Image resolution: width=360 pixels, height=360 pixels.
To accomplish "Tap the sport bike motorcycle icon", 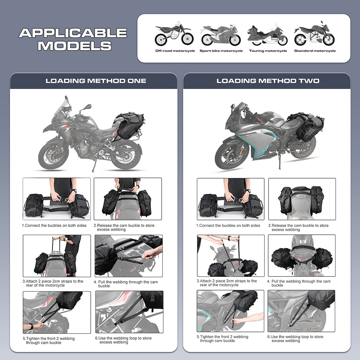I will click(x=221, y=35).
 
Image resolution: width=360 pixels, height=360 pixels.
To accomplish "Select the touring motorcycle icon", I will click(x=267, y=35).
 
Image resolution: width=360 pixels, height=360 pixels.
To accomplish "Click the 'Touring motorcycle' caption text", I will click(x=268, y=51).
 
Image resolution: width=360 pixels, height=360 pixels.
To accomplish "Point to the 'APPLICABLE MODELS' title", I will click(x=73, y=39).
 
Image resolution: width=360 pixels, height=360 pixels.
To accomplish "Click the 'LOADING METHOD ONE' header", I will click(x=96, y=81).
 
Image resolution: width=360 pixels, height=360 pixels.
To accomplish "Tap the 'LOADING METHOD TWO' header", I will click(x=268, y=81).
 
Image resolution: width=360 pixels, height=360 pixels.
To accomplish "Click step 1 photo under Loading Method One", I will click(x=57, y=199).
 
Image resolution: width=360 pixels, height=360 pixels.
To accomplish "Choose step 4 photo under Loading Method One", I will click(x=129, y=256).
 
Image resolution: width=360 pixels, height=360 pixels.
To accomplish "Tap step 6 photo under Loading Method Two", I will click(x=301, y=311).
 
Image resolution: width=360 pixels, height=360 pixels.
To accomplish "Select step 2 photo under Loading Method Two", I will click(x=302, y=199).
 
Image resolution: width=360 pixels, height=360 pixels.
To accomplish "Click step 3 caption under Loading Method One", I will click(x=54, y=283).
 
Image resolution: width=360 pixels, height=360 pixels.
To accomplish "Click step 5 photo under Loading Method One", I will click(x=57, y=312).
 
